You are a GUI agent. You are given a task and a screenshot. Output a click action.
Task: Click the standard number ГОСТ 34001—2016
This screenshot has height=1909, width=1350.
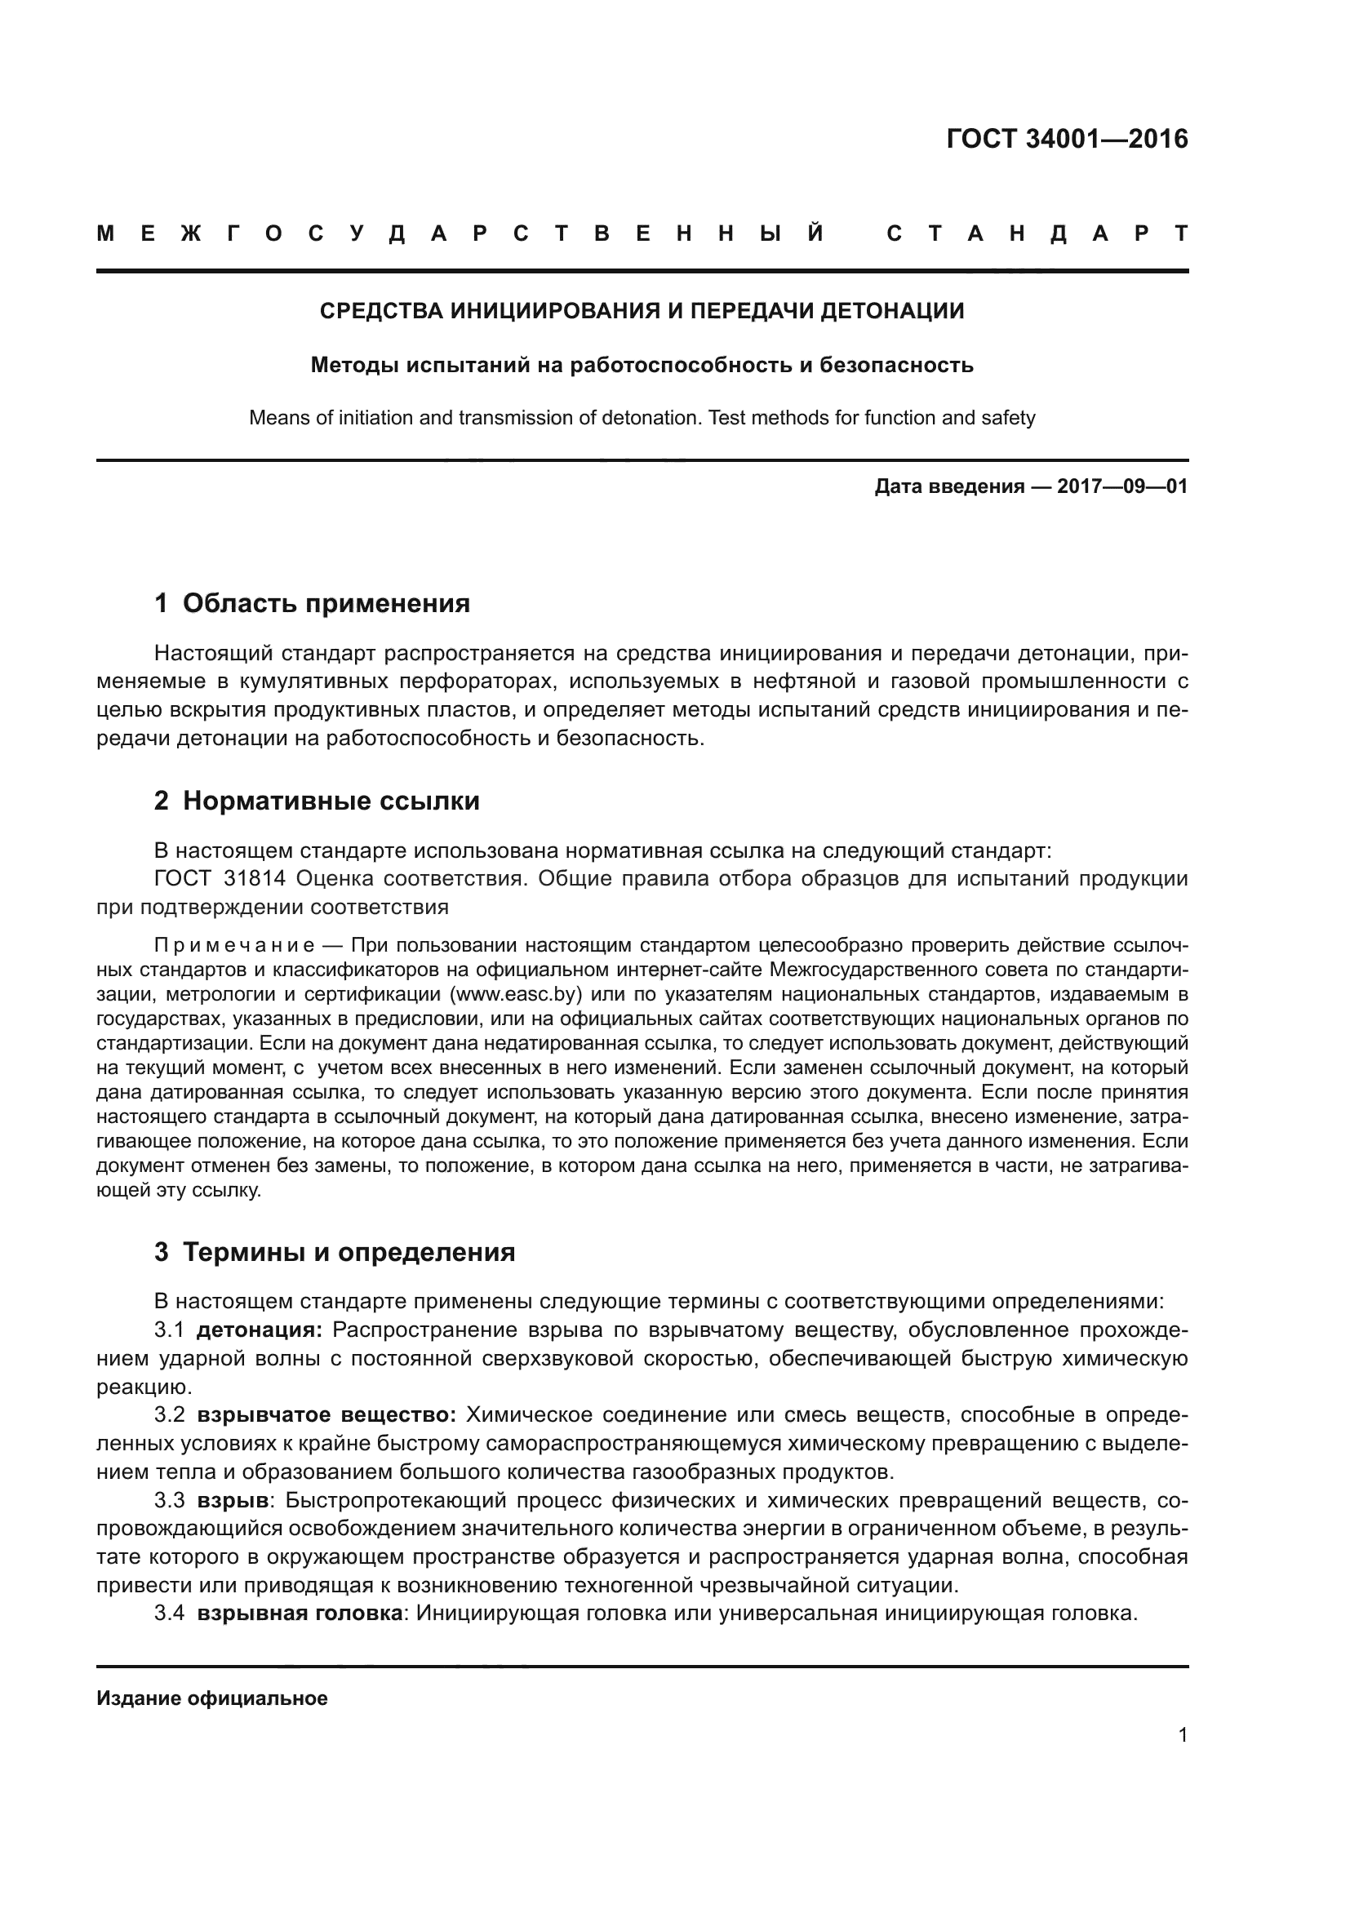(x=1067, y=139)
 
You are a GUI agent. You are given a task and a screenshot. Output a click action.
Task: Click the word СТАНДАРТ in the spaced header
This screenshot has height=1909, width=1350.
(x=1037, y=234)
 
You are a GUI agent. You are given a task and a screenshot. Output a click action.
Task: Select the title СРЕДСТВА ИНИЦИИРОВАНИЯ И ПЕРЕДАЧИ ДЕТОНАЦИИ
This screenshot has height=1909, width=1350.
(x=642, y=311)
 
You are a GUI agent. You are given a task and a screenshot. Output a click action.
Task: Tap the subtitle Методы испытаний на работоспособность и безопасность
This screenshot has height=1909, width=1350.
(x=642, y=365)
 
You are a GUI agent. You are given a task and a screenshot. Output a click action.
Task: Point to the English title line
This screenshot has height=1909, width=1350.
(x=642, y=417)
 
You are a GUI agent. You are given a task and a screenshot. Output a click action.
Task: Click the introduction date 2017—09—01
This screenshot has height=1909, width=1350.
(x=1122, y=486)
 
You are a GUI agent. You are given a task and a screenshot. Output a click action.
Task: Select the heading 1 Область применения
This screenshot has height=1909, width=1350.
(x=312, y=604)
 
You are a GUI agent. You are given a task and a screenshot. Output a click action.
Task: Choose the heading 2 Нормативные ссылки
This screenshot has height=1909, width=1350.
(x=317, y=801)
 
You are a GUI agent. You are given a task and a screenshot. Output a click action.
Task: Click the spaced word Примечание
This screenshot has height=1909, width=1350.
(x=233, y=946)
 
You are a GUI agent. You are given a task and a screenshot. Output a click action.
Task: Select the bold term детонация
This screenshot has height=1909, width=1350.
(x=260, y=1330)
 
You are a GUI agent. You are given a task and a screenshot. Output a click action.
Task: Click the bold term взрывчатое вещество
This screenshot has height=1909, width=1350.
(x=326, y=1415)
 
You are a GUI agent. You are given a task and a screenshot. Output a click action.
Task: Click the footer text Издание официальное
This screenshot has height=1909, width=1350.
(x=212, y=1698)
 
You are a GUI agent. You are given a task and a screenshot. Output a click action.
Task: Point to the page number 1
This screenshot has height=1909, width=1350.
(x=1183, y=1735)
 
